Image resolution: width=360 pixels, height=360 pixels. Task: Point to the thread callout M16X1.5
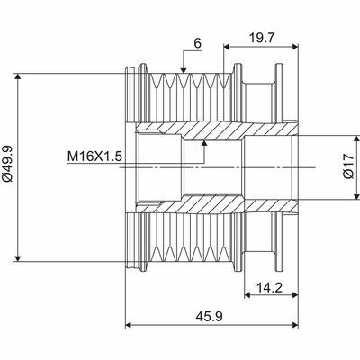pos(94,156)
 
